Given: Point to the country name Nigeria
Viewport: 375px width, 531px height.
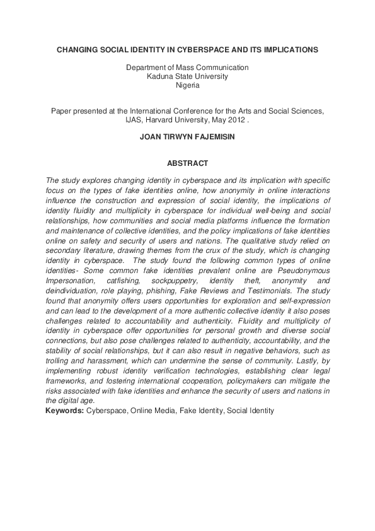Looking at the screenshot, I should point(187,85).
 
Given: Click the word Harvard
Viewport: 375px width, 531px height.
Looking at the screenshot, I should point(164,119).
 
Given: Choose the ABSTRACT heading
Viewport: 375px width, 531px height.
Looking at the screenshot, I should point(187,163).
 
